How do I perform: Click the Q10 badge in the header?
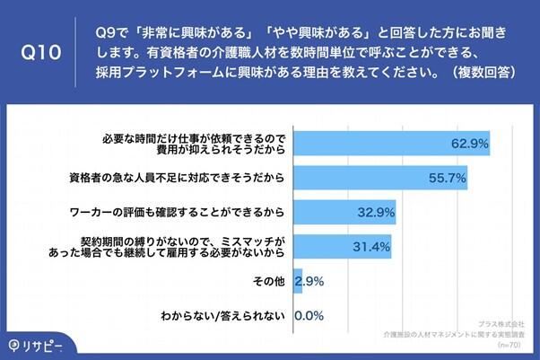pos(40,52)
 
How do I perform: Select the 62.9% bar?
pos(391,143)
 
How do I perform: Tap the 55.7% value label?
pos(446,178)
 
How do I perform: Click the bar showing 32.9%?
pos(344,213)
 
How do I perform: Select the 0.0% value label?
pos(309,315)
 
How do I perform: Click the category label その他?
pos(268,281)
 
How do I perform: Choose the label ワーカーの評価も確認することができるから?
pos(177,213)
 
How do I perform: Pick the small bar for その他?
pos(297,281)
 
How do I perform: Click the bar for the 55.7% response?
pos(380,178)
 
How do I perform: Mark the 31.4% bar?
pos(342,247)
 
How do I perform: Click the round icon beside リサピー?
pos(14,345)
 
